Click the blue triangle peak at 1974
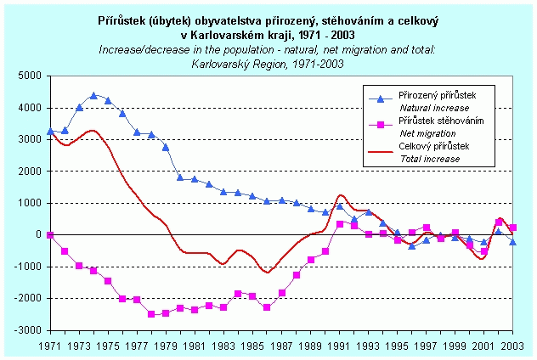point(93,96)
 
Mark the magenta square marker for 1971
point(50,234)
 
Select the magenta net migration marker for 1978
point(151,313)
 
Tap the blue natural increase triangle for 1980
point(180,177)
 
